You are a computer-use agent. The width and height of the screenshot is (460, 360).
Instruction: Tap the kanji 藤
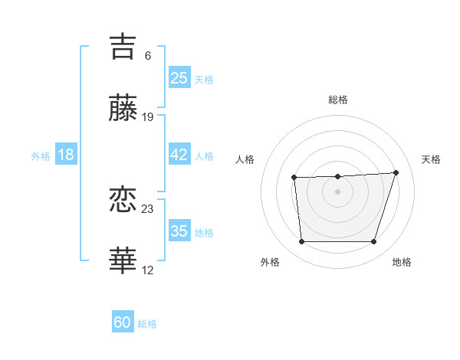pyautogui.click(x=123, y=108)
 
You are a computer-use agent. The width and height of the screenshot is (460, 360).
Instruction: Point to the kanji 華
pyautogui.click(x=123, y=261)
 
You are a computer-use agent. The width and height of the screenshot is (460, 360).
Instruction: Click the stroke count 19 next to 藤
pyautogui.click(x=148, y=117)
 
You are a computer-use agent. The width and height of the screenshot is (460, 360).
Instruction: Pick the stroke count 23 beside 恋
pyautogui.click(x=148, y=208)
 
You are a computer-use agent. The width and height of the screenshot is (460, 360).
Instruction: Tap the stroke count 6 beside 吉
pyautogui.click(x=148, y=56)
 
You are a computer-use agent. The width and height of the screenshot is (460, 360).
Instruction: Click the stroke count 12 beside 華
pyautogui.click(x=148, y=270)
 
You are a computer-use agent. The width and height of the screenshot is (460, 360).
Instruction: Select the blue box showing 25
pyautogui.click(x=179, y=78)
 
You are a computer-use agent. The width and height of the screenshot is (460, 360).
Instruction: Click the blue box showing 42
pyautogui.click(x=179, y=155)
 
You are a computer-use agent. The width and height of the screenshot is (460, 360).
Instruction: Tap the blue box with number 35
pyautogui.click(x=179, y=231)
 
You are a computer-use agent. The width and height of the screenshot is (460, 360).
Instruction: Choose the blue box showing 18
pyautogui.click(x=65, y=155)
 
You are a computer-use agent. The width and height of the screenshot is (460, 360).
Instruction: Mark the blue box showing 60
pyautogui.click(x=123, y=322)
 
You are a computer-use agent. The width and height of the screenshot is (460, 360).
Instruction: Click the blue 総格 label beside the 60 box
pyautogui.click(x=147, y=324)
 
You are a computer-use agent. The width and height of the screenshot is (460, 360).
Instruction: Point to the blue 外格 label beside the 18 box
pyautogui.click(x=41, y=156)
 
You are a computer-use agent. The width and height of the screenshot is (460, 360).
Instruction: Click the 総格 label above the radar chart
pyautogui.click(x=338, y=100)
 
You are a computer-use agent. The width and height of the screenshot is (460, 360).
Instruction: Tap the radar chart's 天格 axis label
pyautogui.click(x=432, y=159)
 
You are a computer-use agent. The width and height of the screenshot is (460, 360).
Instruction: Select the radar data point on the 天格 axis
pyautogui.click(x=396, y=172)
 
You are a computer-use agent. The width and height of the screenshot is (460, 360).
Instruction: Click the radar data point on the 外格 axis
pyautogui.click(x=301, y=242)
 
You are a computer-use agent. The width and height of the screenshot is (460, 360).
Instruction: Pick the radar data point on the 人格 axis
pyautogui.click(x=294, y=178)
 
